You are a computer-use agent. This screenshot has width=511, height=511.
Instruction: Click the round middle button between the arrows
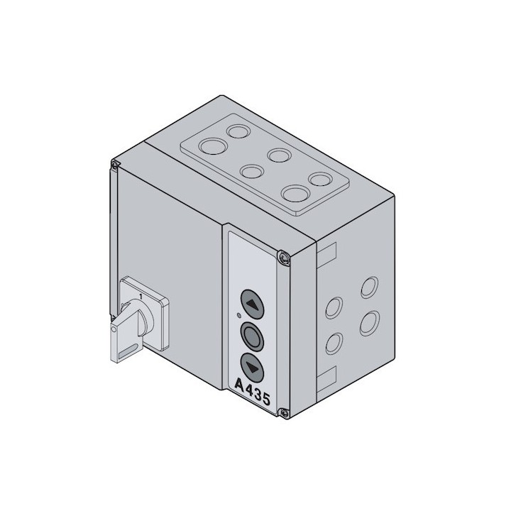pos(252,337)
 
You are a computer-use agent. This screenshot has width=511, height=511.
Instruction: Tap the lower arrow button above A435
pos(252,368)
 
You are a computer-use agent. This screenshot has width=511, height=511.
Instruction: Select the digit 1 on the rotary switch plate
pos(141,296)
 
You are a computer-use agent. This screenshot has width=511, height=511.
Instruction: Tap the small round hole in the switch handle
pos(114,330)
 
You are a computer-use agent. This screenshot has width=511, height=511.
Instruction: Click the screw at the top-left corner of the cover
pos(114,165)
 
